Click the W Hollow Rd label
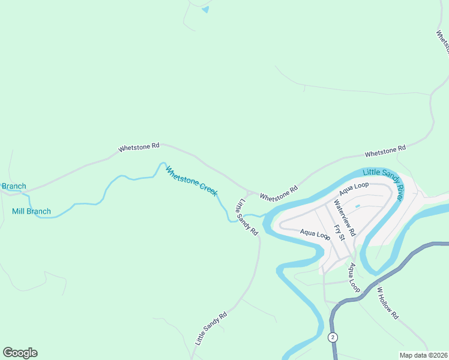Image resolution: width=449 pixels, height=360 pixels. pyautogui.click(x=387, y=303)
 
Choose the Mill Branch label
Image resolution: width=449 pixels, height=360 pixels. pyautogui.click(x=31, y=211)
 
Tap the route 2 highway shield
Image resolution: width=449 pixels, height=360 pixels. pyautogui.click(x=332, y=338)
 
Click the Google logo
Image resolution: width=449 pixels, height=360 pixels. pyautogui.click(x=20, y=353)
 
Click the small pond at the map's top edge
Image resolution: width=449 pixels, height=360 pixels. pyautogui.click(x=206, y=9)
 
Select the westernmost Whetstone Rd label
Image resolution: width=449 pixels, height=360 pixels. pyautogui.click(x=139, y=146)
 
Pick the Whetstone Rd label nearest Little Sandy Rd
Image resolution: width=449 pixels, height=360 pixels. pyautogui.click(x=279, y=193)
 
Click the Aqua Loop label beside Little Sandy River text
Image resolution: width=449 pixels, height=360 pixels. pyautogui.click(x=353, y=188)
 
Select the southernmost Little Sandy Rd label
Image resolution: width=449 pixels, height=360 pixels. pyautogui.click(x=211, y=328)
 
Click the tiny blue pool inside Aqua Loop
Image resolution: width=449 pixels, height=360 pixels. pyautogui.click(x=357, y=206)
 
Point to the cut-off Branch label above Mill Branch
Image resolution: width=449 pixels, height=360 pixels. pyautogui.click(x=13, y=186)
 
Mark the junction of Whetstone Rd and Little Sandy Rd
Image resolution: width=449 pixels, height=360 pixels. pyautogui.click(x=249, y=193)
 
